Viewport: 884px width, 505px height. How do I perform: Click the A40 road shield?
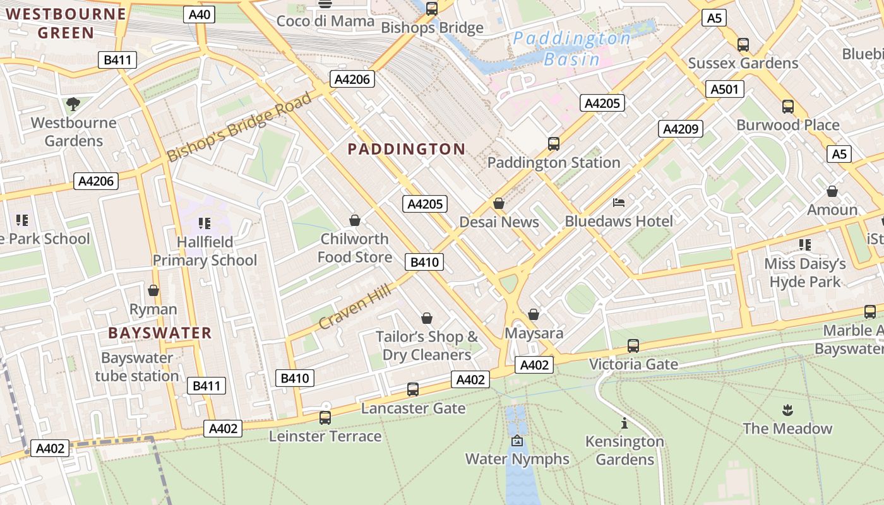pos(199,15)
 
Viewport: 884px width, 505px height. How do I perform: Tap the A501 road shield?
pos(724,89)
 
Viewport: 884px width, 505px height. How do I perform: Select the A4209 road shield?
pos(680,129)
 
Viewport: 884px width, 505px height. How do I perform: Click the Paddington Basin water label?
pos(571,49)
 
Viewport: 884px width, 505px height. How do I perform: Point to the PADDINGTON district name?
pos(407,149)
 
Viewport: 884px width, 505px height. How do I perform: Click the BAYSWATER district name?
pos(160,333)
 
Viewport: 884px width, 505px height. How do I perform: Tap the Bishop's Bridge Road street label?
pos(239,127)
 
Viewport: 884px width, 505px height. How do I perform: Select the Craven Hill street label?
pos(355,306)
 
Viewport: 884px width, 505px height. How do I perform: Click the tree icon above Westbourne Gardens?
pos(73,104)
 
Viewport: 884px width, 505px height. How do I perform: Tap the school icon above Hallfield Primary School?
pos(204,223)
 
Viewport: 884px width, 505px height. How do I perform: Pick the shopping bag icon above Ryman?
pos(153,290)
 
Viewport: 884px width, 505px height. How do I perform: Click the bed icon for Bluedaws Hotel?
pos(619,203)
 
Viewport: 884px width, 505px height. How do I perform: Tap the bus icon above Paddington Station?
pos(554,144)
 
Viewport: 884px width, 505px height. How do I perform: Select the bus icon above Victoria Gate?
pos(633,346)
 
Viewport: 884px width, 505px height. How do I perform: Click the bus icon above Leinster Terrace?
pos(325,417)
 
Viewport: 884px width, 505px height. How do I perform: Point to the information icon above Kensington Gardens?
pos(624,423)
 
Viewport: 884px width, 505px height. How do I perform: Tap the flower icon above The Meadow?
pos(787,410)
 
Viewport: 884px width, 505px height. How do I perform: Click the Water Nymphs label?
pos(517,459)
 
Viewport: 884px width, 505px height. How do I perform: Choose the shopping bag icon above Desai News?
pos(499,203)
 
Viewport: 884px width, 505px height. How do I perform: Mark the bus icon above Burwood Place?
pos(788,106)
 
